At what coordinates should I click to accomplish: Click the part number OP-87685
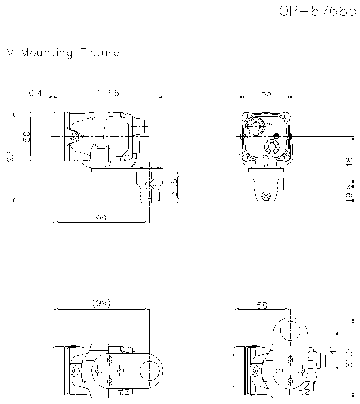tap(318, 11)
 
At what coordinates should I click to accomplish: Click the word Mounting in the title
tap(47, 53)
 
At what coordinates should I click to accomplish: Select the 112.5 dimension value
tap(108, 93)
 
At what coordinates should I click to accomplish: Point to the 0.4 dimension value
tap(35, 93)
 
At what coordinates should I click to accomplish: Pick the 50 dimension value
tap(27, 136)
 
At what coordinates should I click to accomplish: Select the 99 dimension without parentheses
tap(102, 219)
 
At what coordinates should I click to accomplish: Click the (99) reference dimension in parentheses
tap(101, 304)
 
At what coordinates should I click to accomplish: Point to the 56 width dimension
tap(266, 93)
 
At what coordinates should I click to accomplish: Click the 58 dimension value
tap(262, 305)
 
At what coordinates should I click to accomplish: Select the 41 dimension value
tap(333, 350)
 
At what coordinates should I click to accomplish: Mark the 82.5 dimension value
tap(348, 358)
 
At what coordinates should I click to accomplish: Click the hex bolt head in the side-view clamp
tap(149, 183)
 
